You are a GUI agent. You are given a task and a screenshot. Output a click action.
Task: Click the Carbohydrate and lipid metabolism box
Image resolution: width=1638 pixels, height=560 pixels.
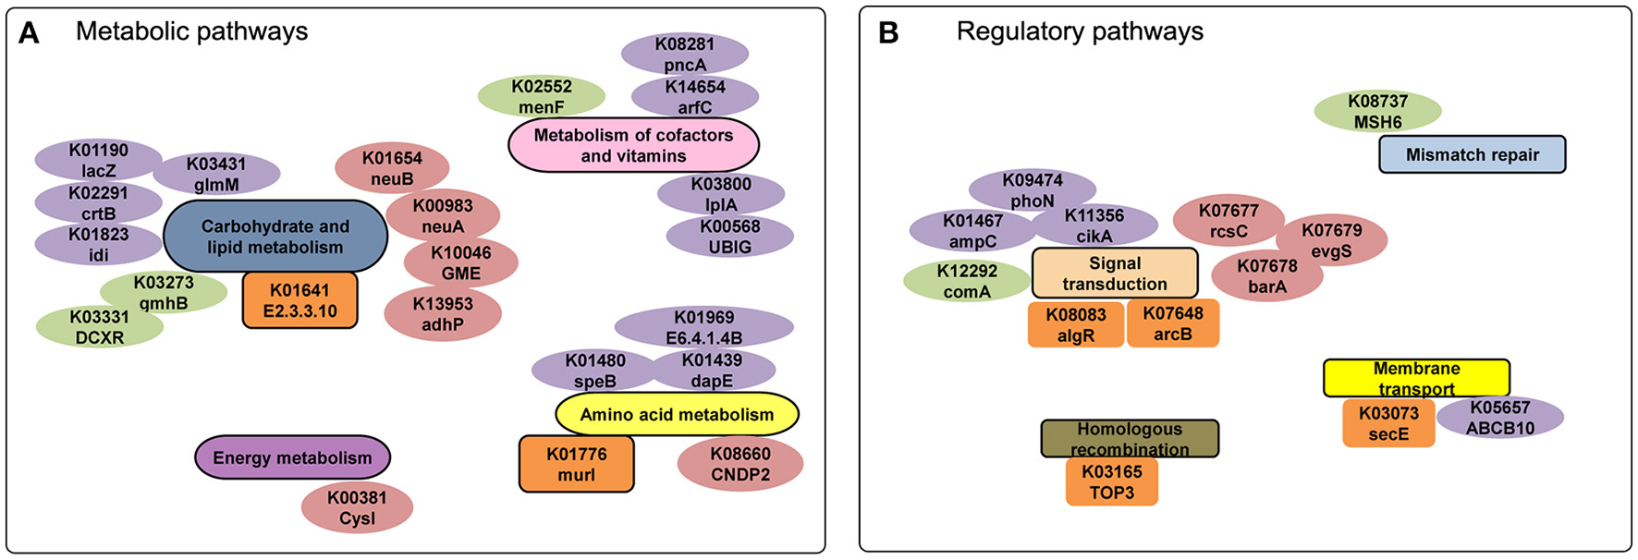275,237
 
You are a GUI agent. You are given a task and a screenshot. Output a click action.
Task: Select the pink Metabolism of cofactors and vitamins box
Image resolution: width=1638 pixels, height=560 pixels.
633,145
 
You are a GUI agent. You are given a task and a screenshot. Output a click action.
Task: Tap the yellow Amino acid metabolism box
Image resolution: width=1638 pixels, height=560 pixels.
677,415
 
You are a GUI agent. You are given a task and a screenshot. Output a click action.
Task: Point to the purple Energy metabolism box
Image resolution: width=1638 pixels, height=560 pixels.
292,457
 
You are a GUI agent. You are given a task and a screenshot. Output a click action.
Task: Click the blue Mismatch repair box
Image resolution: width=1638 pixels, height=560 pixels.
1472,154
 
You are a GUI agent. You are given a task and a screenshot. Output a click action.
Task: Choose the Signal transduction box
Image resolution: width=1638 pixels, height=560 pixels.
1114,274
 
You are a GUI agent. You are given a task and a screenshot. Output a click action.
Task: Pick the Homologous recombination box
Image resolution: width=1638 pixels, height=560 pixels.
1129,439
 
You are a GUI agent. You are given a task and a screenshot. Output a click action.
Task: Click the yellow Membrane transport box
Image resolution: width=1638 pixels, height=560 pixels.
1415,378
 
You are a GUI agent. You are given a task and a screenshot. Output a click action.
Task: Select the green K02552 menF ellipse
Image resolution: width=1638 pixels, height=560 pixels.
541,96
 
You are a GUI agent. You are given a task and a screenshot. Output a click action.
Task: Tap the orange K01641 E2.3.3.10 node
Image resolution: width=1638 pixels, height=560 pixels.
299,300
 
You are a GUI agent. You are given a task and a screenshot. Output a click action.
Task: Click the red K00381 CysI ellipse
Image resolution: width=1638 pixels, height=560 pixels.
357,508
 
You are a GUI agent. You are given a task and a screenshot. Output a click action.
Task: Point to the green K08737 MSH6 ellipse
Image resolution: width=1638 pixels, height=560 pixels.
1377,112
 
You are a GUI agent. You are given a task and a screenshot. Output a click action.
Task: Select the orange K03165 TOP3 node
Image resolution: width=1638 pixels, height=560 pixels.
1111,482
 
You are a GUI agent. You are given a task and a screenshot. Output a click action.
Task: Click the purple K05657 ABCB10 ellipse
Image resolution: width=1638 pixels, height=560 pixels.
1499,418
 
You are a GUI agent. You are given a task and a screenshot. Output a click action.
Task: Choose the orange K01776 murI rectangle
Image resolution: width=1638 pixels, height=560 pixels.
576,464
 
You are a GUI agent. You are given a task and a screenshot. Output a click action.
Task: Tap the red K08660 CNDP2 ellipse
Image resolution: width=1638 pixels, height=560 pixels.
740,464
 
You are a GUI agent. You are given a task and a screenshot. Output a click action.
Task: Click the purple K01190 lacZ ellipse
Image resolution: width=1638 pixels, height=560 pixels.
98,161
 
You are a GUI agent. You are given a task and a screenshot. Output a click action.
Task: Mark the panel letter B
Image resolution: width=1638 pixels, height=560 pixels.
888,33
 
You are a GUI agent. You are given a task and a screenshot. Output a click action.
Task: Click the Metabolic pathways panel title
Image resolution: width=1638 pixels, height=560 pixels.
191,31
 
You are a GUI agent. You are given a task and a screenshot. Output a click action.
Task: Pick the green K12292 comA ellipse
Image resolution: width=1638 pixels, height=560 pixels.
966,282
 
